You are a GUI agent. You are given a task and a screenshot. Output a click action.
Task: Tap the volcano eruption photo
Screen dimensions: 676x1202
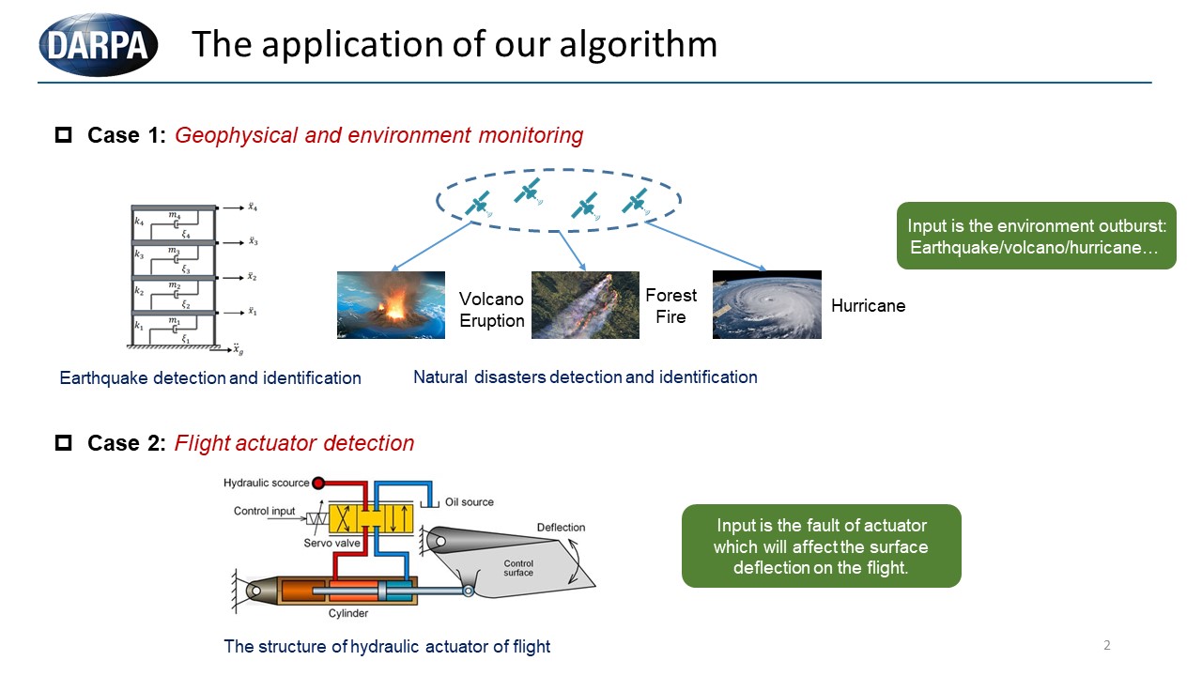click(391, 304)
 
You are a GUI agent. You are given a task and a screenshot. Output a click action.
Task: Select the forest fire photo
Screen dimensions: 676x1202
click(585, 304)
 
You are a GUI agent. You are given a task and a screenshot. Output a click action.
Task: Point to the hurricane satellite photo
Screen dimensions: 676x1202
click(766, 304)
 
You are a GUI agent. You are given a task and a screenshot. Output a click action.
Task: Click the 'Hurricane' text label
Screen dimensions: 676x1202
click(868, 306)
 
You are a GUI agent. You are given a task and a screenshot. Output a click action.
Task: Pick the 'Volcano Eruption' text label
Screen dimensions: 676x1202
click(491, 310)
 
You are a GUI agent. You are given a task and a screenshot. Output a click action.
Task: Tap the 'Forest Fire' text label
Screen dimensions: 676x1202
click(670, 306)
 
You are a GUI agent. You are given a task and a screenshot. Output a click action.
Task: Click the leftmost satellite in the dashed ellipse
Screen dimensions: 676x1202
click(479, 206)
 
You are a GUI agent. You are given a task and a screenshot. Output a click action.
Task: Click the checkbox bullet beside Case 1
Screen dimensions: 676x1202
click(64, 135)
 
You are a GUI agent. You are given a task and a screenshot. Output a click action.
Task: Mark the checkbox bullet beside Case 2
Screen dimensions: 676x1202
click(64, 443)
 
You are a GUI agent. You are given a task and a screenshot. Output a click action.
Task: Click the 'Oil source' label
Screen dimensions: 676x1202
click(470, 502)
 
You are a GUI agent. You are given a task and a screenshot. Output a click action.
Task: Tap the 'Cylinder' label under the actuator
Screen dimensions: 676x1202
click(347, 613)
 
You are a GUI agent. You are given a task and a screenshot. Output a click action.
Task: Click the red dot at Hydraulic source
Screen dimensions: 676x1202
click(319, 483)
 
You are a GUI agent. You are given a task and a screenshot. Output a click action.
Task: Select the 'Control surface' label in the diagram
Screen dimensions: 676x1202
click(518, 567)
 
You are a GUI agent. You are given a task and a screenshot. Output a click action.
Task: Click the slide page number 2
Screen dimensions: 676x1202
click(1107, 645)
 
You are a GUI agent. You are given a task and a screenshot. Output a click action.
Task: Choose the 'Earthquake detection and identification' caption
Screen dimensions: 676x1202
click(210, 378)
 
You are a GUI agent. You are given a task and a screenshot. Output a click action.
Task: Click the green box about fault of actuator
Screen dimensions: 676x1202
click(821, 546)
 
